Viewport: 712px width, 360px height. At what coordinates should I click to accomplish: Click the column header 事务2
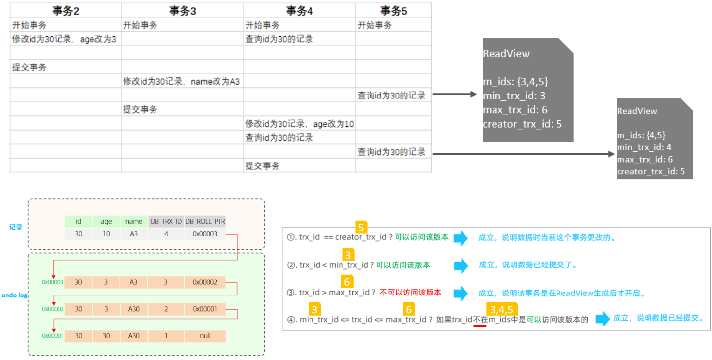click(x=65, y=11)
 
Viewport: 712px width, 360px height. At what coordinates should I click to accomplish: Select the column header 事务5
click(x=393, y=11)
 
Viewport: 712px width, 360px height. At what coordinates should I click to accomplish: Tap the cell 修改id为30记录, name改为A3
click(x=181, y=81)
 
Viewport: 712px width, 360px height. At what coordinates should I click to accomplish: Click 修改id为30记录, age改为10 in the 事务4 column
click(x=299, y=124)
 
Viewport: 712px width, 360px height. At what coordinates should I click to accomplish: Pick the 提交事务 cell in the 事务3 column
click(x=140, y=109)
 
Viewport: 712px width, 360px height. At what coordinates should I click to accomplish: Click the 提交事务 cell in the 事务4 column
click(x=262, y=166)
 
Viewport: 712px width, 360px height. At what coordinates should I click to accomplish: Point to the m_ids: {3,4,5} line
click(x=515, y=82)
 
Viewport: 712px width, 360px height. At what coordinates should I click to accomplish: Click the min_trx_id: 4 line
click(x=644, y=147)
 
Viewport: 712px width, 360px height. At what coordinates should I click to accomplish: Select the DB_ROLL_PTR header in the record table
click(x=205, y=221)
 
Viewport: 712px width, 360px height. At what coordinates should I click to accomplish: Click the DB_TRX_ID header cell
click(x=166, y=221)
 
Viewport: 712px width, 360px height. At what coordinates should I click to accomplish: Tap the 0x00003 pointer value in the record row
click(x=205, y=234)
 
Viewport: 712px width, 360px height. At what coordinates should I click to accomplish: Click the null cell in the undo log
click(x=205, y=336)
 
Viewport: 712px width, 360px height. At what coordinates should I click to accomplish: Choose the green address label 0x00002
click(x=53, y=309)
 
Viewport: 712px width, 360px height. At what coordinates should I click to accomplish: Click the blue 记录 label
click(x=16, y=228)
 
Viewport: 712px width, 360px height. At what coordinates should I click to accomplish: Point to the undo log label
click(x=14, y=295)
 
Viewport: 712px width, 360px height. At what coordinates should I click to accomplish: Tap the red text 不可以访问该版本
click(x=410, y=292)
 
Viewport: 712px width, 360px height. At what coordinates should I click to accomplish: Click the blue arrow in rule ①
click(x=460, y=238)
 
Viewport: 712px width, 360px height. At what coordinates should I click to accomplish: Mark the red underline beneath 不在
click(x=479, y=325)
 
